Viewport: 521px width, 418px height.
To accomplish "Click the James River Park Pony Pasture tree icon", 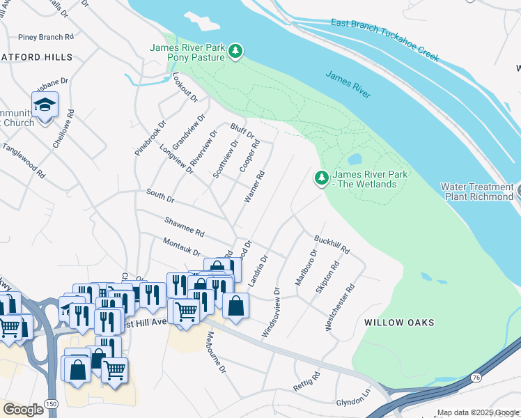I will point(237,51).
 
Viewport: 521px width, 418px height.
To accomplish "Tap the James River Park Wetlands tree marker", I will point(322,178).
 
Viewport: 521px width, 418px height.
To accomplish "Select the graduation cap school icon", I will point(45,106).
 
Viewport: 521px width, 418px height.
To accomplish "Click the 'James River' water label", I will point(348,84).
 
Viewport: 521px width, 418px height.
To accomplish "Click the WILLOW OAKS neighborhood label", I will point(399,323).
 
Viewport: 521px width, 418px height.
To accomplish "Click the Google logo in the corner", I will point(23,410).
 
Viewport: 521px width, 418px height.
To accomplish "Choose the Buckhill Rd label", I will point(332,244).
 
